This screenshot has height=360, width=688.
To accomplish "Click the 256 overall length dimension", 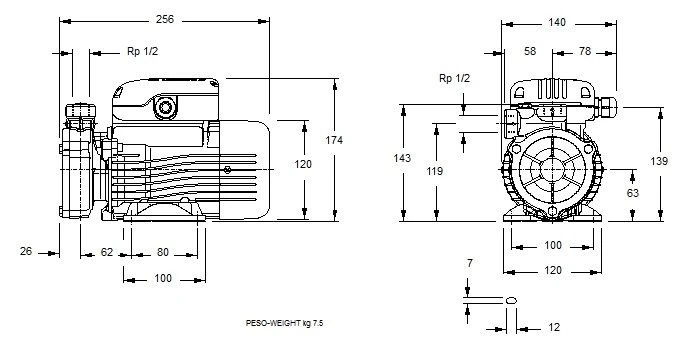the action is (x=165, y=19).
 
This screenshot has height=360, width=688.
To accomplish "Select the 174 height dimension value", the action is (x=334, y=140).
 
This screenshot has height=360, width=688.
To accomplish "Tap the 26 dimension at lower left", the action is (x=26, y=251).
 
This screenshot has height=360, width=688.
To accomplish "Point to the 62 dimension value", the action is (x=107, y=252).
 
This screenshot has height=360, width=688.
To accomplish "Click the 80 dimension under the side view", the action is (x=163, y=252).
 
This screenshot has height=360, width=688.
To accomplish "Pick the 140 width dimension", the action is (x=557, y=22).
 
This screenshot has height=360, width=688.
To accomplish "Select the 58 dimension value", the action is (x=530, y=51).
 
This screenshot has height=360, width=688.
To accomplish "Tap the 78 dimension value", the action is (x=585, y=51).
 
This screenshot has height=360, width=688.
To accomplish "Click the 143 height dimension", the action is (x=402, y=158).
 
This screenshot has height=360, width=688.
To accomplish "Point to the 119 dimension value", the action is (x=435, y=171).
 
